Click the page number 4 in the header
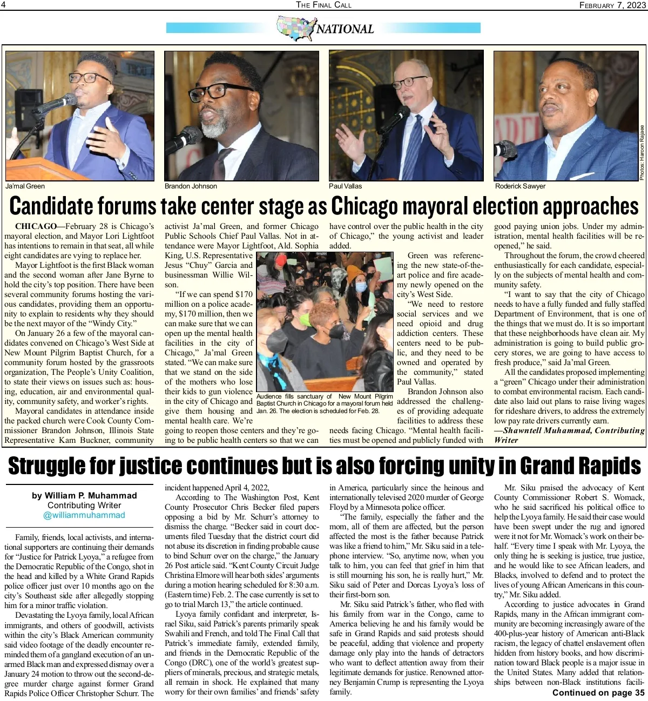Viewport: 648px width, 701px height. point(3,5)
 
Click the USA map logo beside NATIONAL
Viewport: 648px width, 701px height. point(295,29)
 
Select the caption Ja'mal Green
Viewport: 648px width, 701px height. point(25,186)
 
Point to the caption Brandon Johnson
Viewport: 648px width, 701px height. point(191,186)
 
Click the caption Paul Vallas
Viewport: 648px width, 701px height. point(346,186)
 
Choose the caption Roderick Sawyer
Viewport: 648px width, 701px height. point(520,186)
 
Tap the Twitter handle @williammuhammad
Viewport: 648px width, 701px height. point(84,515)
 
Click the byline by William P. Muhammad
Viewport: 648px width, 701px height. point(84,496)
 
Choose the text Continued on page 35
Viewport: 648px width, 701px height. point(598,693)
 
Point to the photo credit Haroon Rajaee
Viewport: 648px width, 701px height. point(642,153)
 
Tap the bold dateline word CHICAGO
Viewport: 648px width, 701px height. point(36,226)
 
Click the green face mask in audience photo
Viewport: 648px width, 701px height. point(305,320)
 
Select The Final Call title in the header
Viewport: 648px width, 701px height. point(323,5)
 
